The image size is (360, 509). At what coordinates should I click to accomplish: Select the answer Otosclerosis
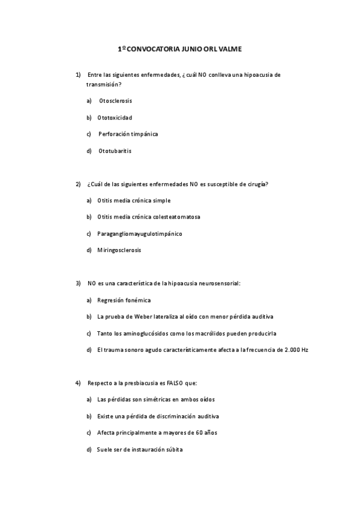click(x=115, y=100)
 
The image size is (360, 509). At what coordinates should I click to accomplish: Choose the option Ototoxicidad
click(x=115, y=117)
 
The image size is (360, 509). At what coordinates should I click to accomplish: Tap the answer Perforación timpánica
click(x=128, y=134)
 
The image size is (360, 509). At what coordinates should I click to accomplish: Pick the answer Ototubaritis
click(x=115, y=151)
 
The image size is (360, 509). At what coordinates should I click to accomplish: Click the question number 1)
click(x=78, y=75)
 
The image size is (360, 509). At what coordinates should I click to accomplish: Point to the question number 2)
click(x=78, y=184)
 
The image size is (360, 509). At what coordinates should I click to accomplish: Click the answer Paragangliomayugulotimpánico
click(x=139, y=233)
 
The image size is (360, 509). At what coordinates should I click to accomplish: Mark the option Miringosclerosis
click(x=119, y=250)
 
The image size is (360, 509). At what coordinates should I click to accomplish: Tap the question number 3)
click(x=78, y=283)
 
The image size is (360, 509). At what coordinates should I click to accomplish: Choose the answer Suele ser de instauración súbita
click(x=139, y=449)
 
